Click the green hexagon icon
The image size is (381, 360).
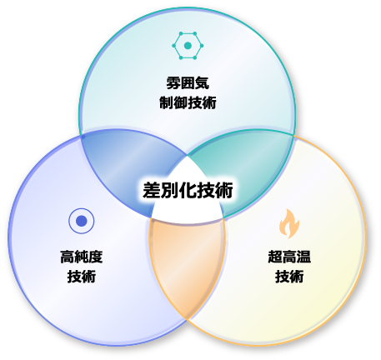tap(188, 46)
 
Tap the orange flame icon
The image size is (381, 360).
tap(289, 224)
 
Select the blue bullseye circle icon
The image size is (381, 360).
tap(82, 221)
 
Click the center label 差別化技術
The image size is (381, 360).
tap(188, 191)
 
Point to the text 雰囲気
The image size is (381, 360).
tap(188, 83)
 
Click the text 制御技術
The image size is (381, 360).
tap(188, 102)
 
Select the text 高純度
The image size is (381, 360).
tap(82, 257)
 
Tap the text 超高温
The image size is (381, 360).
tap(289, 257)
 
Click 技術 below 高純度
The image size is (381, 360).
tap(82, 277)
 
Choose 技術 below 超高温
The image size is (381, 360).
tap(289, 277)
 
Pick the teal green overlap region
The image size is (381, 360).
tap(244, 167)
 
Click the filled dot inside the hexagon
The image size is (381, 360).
tap(188, 46)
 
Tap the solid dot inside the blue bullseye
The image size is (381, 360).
tap(82, 221)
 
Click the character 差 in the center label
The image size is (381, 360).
tap(152, 191)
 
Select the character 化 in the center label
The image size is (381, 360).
tap(188, 191)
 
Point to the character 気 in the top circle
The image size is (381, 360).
tap(203, 83)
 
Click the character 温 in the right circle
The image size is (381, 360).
tap(303, 257)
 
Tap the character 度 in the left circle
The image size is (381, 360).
tap(96, 257)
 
